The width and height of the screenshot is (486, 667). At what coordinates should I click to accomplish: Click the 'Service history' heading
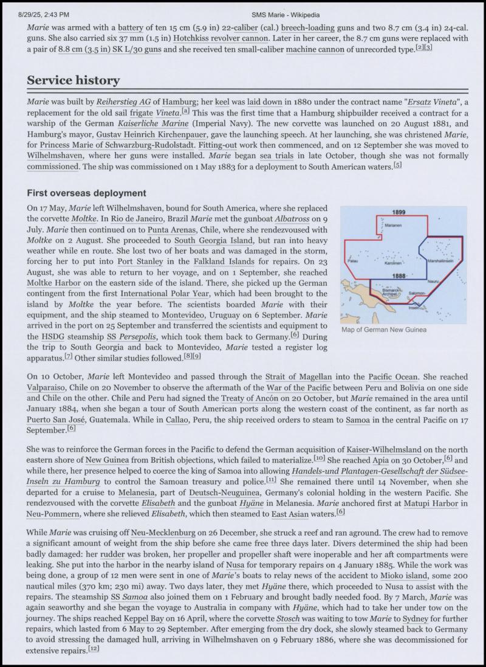click(x=73, y=81)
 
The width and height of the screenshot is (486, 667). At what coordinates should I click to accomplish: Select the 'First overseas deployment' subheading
click(x=86, y=193)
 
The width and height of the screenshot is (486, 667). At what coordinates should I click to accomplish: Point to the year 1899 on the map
click(x=399, y=212)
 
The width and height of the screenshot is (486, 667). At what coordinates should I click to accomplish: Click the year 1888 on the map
click(x=399, y=276)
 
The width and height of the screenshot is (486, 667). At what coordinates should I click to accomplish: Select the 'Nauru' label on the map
click(x=433, y=282)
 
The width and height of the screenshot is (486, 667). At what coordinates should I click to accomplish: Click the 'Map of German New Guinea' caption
click(x=384, y=330)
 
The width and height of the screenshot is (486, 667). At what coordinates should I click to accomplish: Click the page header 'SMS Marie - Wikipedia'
click(x=286, y=14)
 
